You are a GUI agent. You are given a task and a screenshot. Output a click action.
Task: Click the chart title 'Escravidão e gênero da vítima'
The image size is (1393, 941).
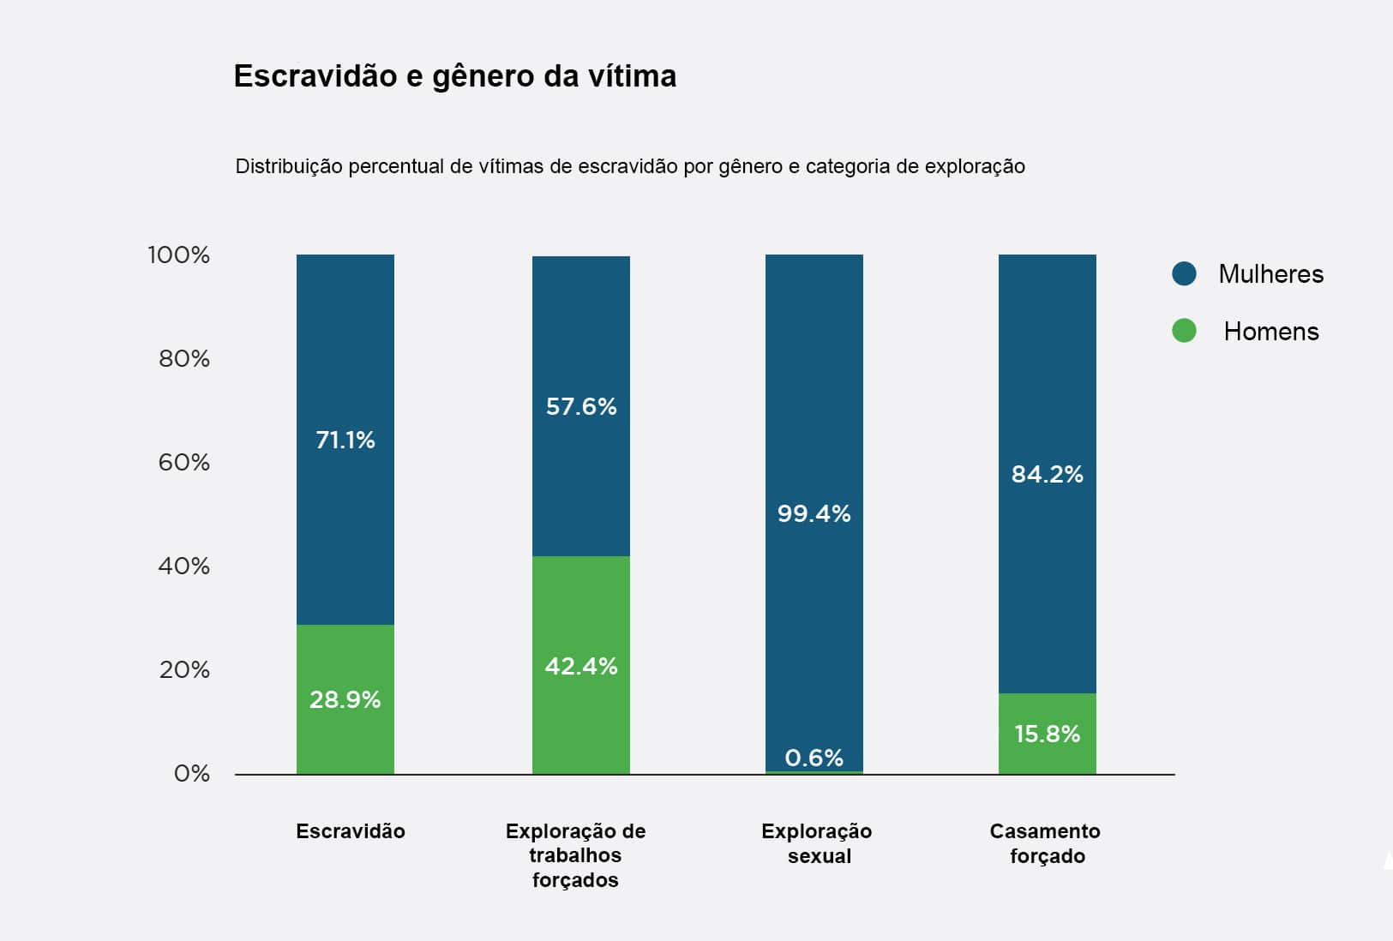tap(454, 76)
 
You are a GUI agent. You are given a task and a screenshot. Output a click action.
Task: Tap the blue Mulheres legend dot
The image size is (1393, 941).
tap(1184, 274)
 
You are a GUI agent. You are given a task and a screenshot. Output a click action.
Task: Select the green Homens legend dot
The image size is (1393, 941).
tap(1184, 331)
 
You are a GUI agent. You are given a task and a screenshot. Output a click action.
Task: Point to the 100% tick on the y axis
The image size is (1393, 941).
tap(178, 255)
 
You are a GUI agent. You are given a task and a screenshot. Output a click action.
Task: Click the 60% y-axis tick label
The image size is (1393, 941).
tap(183, 463)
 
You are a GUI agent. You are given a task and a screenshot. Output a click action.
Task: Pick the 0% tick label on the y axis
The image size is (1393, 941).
tap(191, 774)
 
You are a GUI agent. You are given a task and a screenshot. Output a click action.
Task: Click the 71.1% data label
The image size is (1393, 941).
tap(345, 441)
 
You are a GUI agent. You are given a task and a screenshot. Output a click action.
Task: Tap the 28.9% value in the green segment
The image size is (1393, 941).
tap(345, 700)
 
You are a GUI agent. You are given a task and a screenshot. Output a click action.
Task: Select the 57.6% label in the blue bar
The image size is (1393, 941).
tap(581, 406)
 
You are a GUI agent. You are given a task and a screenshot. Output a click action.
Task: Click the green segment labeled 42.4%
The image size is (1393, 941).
tap(581, 667)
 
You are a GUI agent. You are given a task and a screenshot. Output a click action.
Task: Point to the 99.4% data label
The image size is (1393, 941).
tap(814, 514)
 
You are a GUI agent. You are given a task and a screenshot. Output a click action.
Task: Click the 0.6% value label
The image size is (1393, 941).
tap(814, 758)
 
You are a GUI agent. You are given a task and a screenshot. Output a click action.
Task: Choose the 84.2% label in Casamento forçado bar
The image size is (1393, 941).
tap(1047, 475)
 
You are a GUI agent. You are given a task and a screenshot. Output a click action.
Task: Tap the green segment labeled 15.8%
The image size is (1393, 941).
tap(1047, 734)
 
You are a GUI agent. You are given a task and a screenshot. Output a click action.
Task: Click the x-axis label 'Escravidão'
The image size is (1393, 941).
tap(350, 831)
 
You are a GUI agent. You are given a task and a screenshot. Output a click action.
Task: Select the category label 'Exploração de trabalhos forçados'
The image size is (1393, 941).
tap(575, 855)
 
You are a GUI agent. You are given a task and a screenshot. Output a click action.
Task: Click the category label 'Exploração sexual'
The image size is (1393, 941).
tap(817, 843)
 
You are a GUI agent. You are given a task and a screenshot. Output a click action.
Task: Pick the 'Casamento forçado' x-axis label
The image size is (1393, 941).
tap(1046, 843)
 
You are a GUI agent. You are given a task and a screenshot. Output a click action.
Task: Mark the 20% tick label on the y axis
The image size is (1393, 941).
tap(183, 670)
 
